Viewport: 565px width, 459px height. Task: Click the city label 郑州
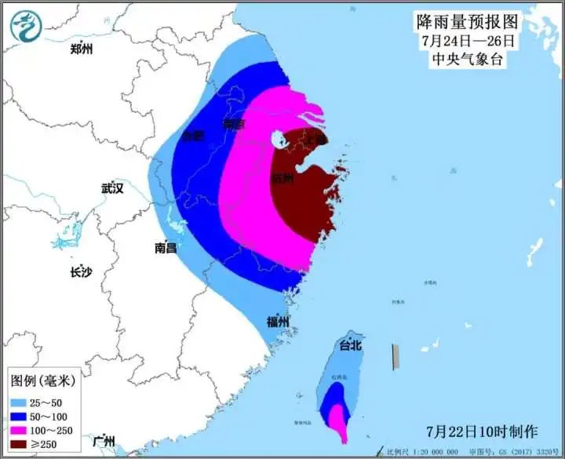(81, 49)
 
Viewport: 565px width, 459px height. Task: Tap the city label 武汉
(113, 188)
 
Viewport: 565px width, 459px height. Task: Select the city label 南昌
(166, 248)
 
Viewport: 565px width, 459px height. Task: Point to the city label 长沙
(81, 273)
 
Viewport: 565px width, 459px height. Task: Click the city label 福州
(278, 322)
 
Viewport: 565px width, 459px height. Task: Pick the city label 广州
(104, 439)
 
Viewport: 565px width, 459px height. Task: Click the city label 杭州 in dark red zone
(282, 179)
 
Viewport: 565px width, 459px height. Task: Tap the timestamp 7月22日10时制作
(482, 431)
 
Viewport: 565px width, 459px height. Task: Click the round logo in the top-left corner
(26, 26)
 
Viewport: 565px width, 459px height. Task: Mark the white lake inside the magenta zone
(278, 140)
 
